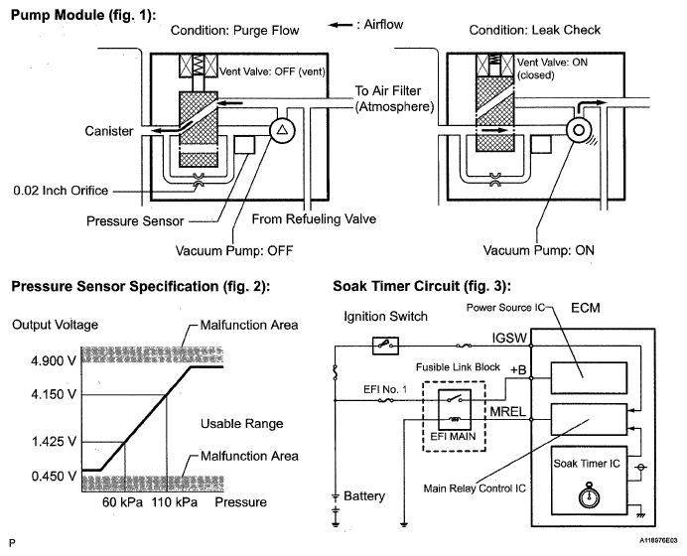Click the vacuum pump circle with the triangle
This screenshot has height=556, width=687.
tap(282, 130)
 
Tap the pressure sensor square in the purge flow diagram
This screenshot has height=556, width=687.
tap(244, 145)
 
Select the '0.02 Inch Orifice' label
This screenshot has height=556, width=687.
tap(61, 191)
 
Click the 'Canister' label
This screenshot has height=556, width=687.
tap(109, 131)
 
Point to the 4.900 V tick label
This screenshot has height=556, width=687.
tap(54, 361)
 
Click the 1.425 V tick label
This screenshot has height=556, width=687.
tap(54, 441)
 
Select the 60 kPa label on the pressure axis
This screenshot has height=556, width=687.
tap(123, 502)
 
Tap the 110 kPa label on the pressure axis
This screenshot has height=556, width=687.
tap(175, 502)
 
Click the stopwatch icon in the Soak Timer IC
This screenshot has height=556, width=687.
tap(590, 495)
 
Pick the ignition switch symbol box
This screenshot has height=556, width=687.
tap(385, 346)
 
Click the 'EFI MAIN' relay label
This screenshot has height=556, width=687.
tap(453, 437)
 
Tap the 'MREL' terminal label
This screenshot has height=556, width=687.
tap(507, 412)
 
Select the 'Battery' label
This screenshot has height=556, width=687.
tap(364, 496)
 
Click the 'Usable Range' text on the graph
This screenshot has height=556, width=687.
tap(242, 424)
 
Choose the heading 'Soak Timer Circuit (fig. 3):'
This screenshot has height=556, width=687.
tap(422, 286)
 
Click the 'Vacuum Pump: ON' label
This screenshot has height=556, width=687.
tap(538, 250)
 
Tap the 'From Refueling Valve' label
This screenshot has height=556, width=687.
tap(314, 219)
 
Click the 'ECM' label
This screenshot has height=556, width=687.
tap(586, 308)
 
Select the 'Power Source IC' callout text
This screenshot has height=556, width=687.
tap(505, 308)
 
